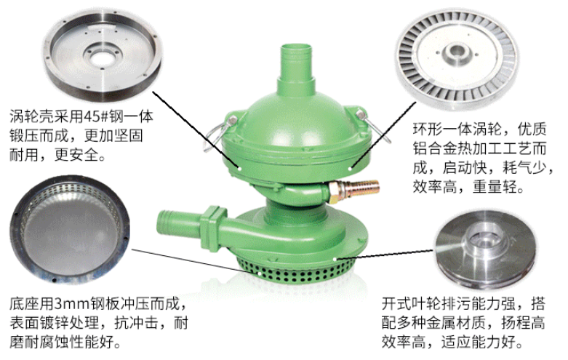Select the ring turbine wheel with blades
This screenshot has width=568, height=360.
coord(457,58)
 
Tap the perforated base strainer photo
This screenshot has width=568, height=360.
coord(70,229)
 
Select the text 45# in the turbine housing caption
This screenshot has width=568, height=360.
coord(95,116)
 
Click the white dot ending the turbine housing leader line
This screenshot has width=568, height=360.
coord(239,168)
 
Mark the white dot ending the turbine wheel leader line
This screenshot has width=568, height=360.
coord(350,168)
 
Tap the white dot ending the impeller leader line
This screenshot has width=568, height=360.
coord(335,259)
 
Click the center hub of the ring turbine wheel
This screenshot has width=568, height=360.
coord(456,52)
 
